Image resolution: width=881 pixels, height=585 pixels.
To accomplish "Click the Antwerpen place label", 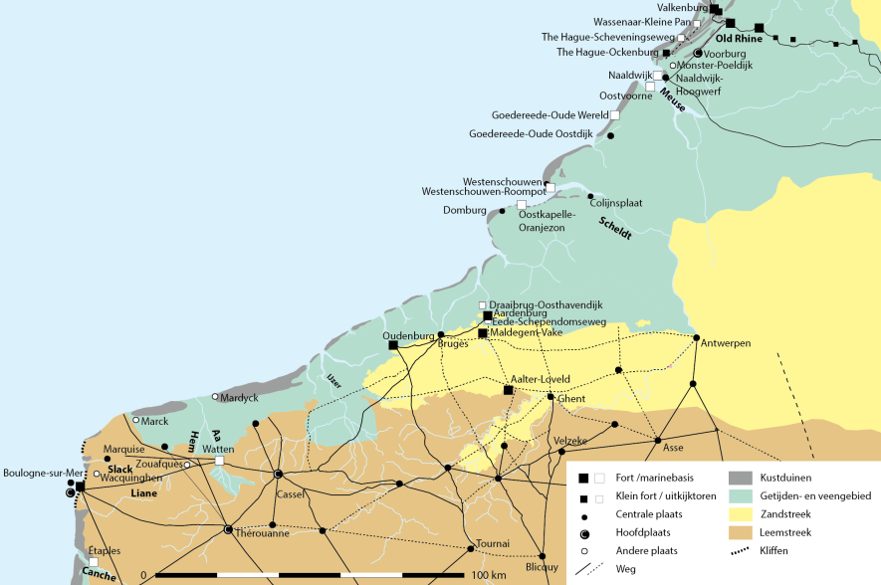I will click(x=726, y=343).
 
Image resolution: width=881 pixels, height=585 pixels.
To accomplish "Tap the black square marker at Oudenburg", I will click(x=393, y=345).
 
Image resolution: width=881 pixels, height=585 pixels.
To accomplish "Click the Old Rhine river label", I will click(x=740, y=39).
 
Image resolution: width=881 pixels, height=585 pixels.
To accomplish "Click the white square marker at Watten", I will click(x=219, y=461).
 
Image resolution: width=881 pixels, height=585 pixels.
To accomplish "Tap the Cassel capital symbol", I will click(x=279, y=474).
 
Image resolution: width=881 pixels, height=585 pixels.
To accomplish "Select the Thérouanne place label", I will click(x=263, y=533).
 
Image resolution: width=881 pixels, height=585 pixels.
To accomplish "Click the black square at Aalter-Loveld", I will click(x=508, y=390).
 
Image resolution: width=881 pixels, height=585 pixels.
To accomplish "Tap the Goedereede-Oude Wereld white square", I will click(x=615, y=115).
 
